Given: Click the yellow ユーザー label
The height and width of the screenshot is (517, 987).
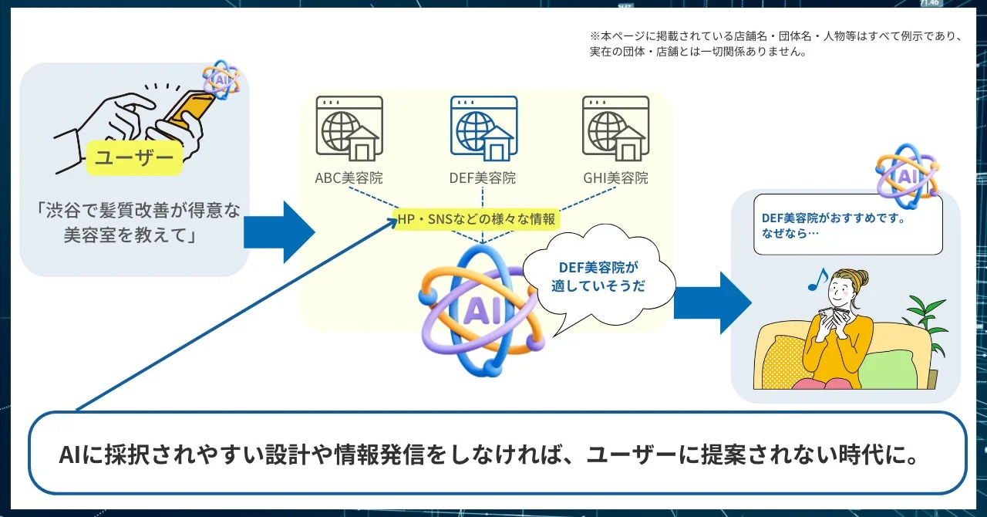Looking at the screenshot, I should [x=134, y=158].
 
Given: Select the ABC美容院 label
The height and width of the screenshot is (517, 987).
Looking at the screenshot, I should [x=349, y=178].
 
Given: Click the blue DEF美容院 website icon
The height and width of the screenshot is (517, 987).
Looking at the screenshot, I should [x=483, y=128].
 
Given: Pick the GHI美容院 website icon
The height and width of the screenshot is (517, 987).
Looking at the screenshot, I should [x=615, y=128].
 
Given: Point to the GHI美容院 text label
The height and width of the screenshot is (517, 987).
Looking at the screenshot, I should [x=615, y=178].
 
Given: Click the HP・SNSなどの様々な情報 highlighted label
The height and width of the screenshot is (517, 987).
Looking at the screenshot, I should [x=477, y=219].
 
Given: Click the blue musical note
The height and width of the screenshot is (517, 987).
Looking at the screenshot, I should [x=817, y=279].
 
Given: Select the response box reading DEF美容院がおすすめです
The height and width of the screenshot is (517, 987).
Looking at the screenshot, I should [x=847, y=225].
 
